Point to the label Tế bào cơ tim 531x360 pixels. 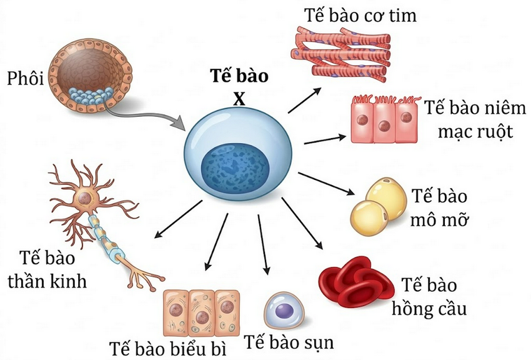pos(360,14)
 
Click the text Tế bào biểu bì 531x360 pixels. pos(166,347)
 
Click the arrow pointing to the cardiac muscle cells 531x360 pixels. pos(305,100)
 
